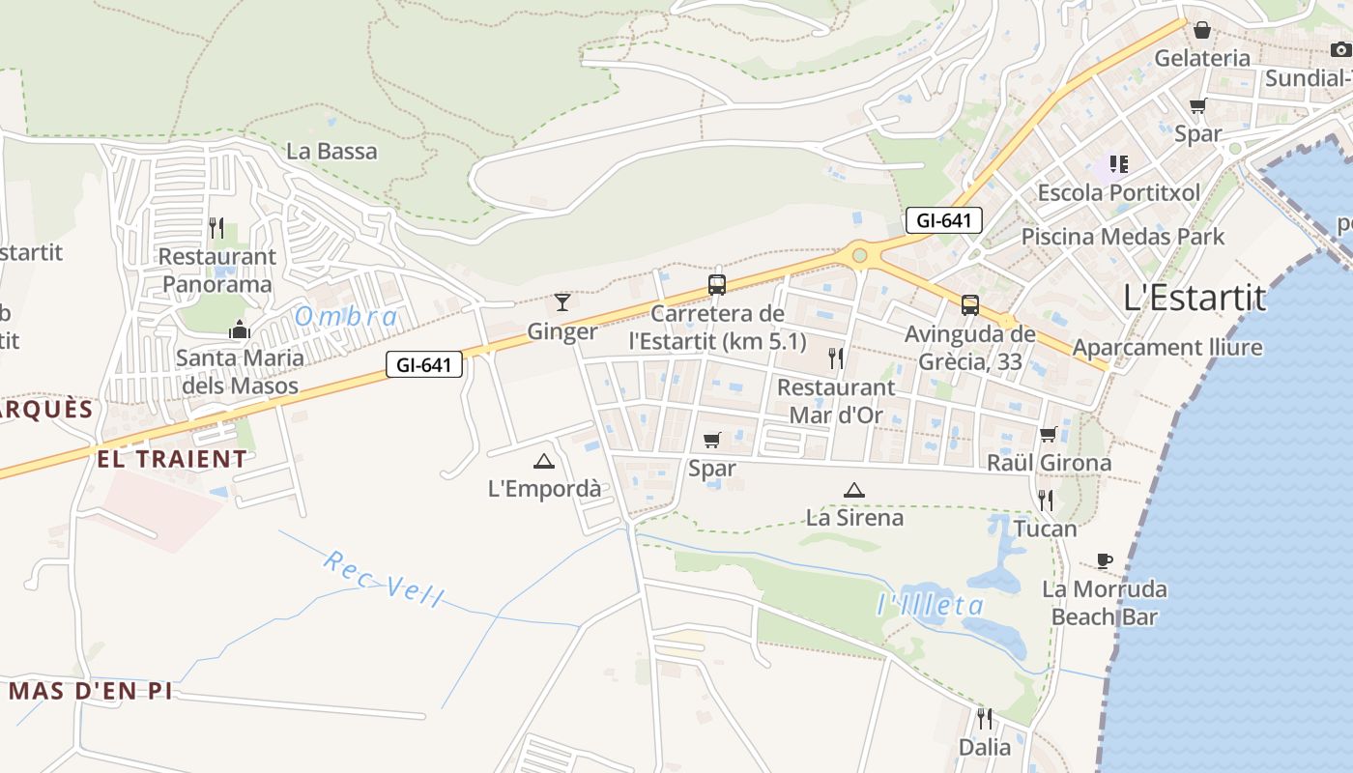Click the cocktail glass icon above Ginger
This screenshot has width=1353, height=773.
click(562, 301)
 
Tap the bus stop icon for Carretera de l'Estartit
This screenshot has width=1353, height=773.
click(717, 285)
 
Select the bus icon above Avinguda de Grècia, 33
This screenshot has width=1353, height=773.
click(970, 305)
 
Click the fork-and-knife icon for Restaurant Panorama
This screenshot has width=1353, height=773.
click(216, 228)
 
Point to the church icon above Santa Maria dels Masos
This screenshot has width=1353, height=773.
click(240, 329)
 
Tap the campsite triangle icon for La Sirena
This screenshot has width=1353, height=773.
click(853, 490)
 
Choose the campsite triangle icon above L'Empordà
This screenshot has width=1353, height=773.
click(544, 461)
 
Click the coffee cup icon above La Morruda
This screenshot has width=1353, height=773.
click(1105, 560)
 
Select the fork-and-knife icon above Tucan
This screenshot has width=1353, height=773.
click(1046, 500)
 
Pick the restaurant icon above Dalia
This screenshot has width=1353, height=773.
click(984, 719)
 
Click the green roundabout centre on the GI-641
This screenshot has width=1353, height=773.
click(859, 255)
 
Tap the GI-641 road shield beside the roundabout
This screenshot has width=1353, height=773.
click(944, 220)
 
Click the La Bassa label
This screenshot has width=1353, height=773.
click(332, 152)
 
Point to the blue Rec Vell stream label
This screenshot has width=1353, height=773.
click(384, 579)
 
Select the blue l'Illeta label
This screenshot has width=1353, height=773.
click(931, 606)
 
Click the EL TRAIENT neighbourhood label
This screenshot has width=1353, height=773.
click(172, 459)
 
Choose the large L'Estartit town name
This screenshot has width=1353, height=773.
click(1195, 298)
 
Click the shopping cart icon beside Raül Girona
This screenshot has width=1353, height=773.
click(1049, 434)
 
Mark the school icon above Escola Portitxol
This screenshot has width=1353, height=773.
click(1119, 164)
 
